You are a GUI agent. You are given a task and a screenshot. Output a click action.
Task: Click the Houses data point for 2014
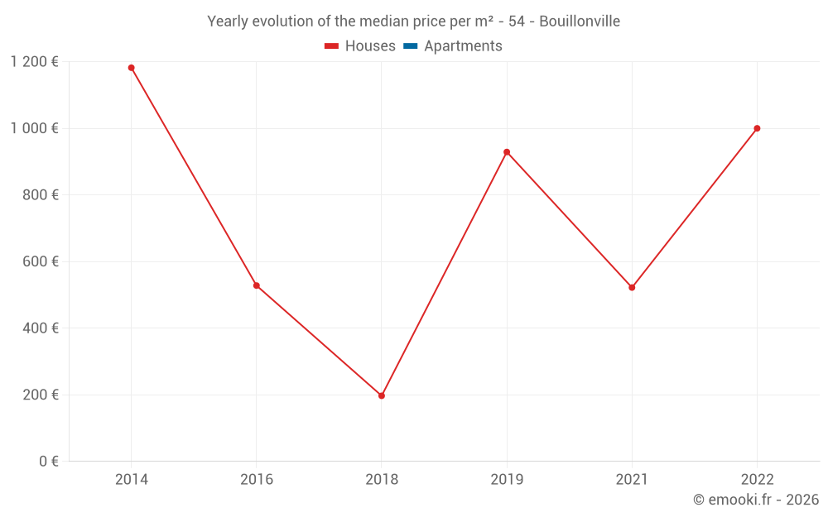point(131,68)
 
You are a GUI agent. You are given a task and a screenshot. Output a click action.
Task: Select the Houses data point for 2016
point(256,285)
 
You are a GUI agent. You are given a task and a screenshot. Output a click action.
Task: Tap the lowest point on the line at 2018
point(382,395)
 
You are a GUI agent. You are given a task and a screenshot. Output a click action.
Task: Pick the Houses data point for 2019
point(507,152)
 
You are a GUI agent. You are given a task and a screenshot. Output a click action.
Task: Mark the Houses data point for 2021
point(632,288)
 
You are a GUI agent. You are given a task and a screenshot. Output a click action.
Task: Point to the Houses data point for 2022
point(757,128)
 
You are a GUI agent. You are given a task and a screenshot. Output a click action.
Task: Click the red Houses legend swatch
point(331,46)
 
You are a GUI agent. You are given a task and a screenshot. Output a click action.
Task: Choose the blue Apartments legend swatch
point(410,46)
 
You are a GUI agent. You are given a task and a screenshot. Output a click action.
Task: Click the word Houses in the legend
point(370,46)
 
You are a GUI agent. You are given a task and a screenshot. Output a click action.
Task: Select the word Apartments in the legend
point(463,46)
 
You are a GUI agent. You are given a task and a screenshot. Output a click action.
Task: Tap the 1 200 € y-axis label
point(34,62)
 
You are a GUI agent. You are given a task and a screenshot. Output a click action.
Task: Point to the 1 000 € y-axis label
point(34,128)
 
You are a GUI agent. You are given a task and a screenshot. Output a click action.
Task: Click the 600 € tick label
point(42,261)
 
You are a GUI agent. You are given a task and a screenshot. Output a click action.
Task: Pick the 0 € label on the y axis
point(49,461)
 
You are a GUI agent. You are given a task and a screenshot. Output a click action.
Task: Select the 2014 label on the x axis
point(131,479)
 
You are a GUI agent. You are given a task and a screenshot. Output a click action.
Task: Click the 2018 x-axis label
point(382,479)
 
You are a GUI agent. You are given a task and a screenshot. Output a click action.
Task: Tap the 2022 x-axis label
point(757,479)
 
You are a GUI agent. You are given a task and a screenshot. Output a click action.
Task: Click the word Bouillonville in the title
point(580,22)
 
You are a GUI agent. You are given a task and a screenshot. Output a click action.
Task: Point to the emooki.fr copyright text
point(756,500)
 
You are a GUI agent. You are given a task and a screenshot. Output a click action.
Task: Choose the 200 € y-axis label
point(42,395)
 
